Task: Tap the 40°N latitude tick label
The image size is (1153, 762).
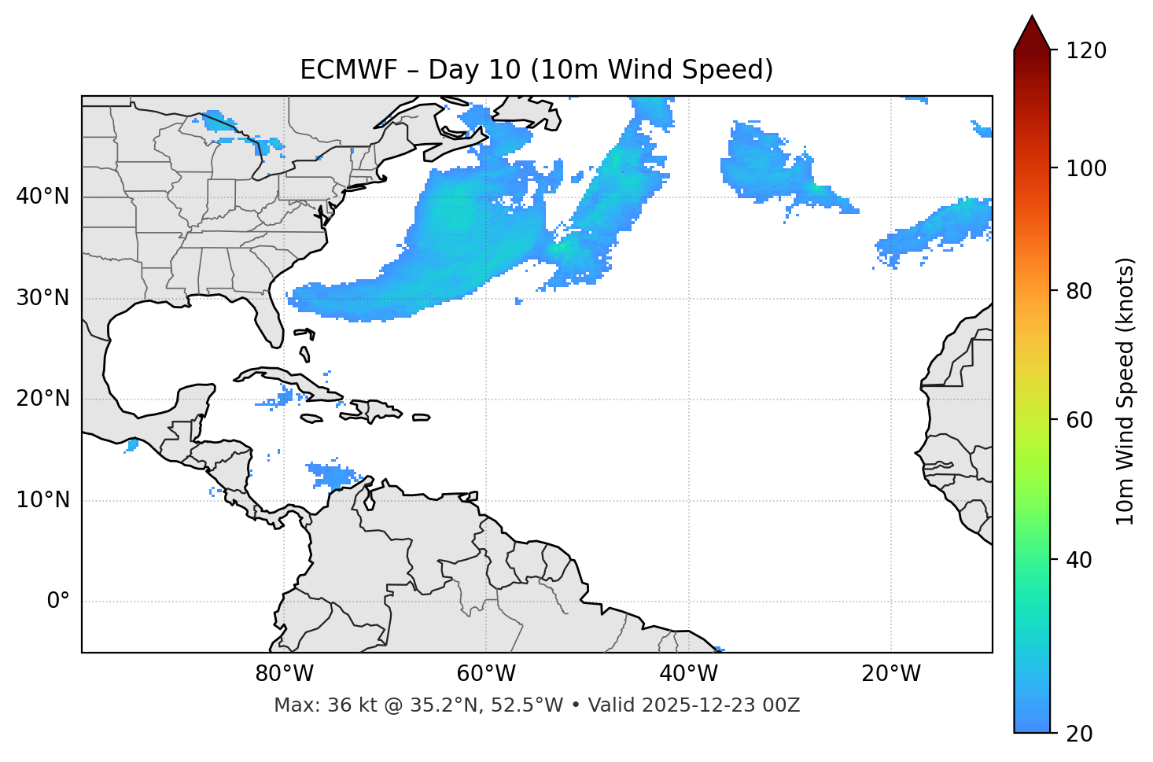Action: (42, 197)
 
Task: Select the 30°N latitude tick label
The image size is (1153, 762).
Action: (42, 298)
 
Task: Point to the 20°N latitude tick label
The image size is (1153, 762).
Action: (42, 399)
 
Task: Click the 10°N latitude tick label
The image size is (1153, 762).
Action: (42, 500)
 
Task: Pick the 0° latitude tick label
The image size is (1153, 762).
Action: (58, 602)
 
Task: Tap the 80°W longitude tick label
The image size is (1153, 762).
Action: (284, 674)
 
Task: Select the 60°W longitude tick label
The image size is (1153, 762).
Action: (486, 674)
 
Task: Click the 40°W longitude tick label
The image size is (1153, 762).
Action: (689, 674)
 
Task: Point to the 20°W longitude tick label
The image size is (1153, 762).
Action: (891, 674)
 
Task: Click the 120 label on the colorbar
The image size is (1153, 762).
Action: (1086, 50)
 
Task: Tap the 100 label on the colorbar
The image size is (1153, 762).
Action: (1086, 168)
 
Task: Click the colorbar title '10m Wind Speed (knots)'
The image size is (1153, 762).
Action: (1125, 391)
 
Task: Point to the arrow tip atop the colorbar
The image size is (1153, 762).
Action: (1032, 17)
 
